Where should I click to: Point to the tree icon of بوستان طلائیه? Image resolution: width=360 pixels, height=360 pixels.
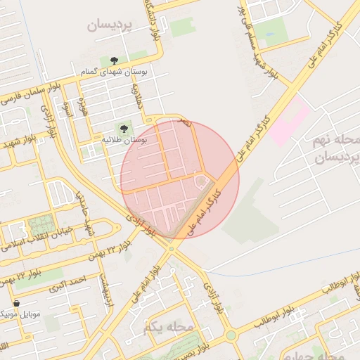124,129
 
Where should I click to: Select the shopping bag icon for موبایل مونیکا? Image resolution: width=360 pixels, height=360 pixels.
16,304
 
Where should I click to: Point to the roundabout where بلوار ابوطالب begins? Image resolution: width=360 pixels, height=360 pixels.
231,335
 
